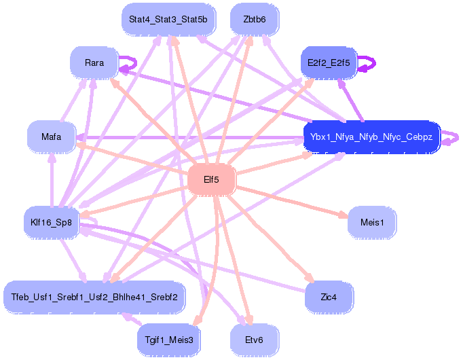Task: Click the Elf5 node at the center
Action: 211,180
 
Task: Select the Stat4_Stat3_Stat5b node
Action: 168,19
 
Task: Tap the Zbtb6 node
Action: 254,19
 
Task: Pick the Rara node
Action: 94,62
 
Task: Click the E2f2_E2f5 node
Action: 329,62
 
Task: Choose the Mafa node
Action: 51,137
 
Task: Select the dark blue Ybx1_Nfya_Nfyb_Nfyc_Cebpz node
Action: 371,137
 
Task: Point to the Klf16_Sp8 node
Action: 51,221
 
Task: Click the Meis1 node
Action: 372,222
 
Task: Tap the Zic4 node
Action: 329,296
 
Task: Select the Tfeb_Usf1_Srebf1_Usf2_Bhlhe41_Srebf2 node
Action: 94,297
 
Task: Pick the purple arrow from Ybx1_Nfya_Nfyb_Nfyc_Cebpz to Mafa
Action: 190,137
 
